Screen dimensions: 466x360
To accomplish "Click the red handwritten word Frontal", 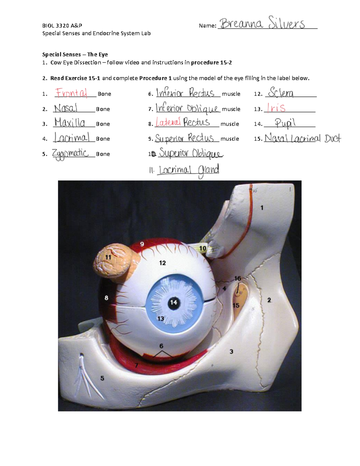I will click(x=71, y=93).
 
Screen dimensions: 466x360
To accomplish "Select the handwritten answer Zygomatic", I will click(x=70, y=154).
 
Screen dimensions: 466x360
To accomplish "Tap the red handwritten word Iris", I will click(x=276, y=108).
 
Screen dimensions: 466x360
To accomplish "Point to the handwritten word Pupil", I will click(x=285, y=123).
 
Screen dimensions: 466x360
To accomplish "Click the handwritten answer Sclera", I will click(x=281, y=92).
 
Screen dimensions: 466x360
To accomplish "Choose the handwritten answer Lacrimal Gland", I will click(x=189, y=170).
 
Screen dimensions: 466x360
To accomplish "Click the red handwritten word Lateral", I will click(x=168, y=122).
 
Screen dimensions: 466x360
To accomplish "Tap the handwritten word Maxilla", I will click(x=70, y=122).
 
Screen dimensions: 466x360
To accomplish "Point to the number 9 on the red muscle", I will click(x=142, y=244).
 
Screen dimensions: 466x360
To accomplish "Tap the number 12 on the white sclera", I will click(x=162, y=263).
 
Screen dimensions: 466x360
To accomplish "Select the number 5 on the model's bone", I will click(x=102, y=378).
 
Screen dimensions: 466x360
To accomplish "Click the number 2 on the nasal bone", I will click(x=269, y=300).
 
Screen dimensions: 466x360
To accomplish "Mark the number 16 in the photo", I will click(x=238, y=278).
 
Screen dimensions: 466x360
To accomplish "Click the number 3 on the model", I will click(x=231, y=351).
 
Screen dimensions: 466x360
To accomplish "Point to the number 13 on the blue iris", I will click(x=161, y=318).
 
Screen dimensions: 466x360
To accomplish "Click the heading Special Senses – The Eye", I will click(x=75, y=54).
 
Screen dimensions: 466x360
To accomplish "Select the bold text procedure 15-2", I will click(x=211, y=62).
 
